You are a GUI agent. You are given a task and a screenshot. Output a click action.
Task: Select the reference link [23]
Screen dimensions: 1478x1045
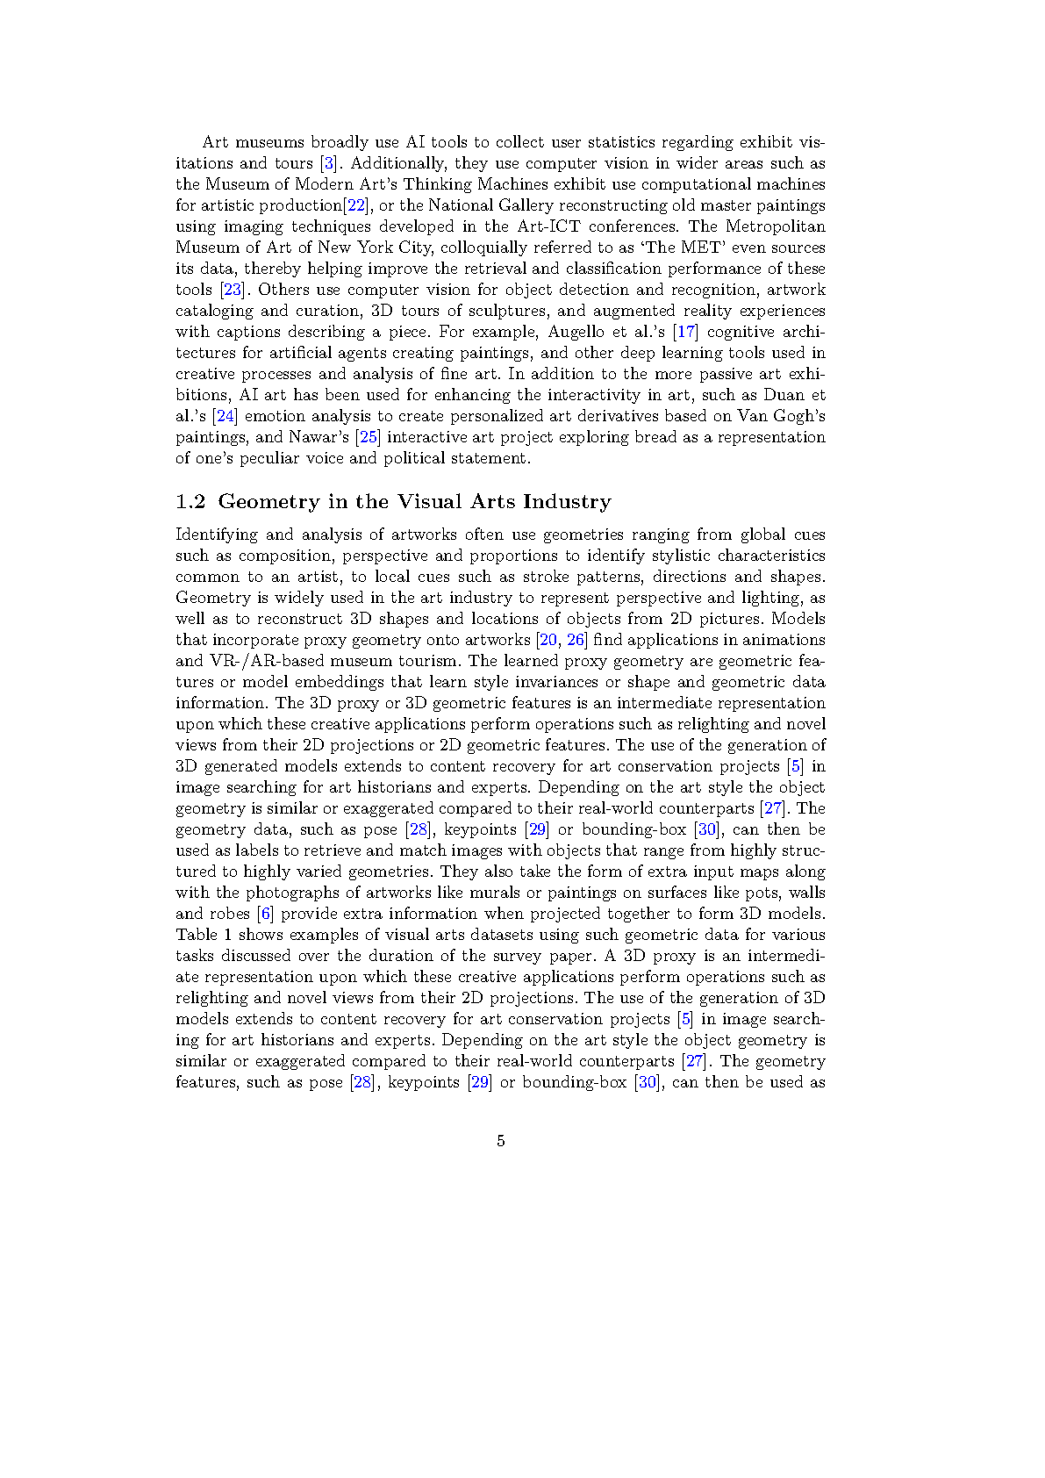pyautogui.click(x=232, y=290)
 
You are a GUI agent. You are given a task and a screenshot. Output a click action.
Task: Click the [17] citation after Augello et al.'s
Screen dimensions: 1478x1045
pyautogui.click(x=685, y=332)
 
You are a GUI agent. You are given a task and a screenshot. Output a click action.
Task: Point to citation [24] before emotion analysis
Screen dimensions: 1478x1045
pyautogui.click(x=225, y=416)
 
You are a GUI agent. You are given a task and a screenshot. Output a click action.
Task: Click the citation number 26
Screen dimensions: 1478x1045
pyautogui.click(x=576, y=640)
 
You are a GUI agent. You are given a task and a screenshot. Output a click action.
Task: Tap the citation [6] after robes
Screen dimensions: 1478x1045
pyautogui.click(x=265, y=914)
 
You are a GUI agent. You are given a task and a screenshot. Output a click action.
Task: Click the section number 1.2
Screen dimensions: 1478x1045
pyautogui.click(x=190, y=501)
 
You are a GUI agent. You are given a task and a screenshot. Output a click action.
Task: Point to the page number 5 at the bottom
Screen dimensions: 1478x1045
pyautogui.click(x=501, y=1141)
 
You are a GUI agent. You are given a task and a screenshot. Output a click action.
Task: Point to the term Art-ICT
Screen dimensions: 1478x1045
pyautogui.click(x=548, y=226)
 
